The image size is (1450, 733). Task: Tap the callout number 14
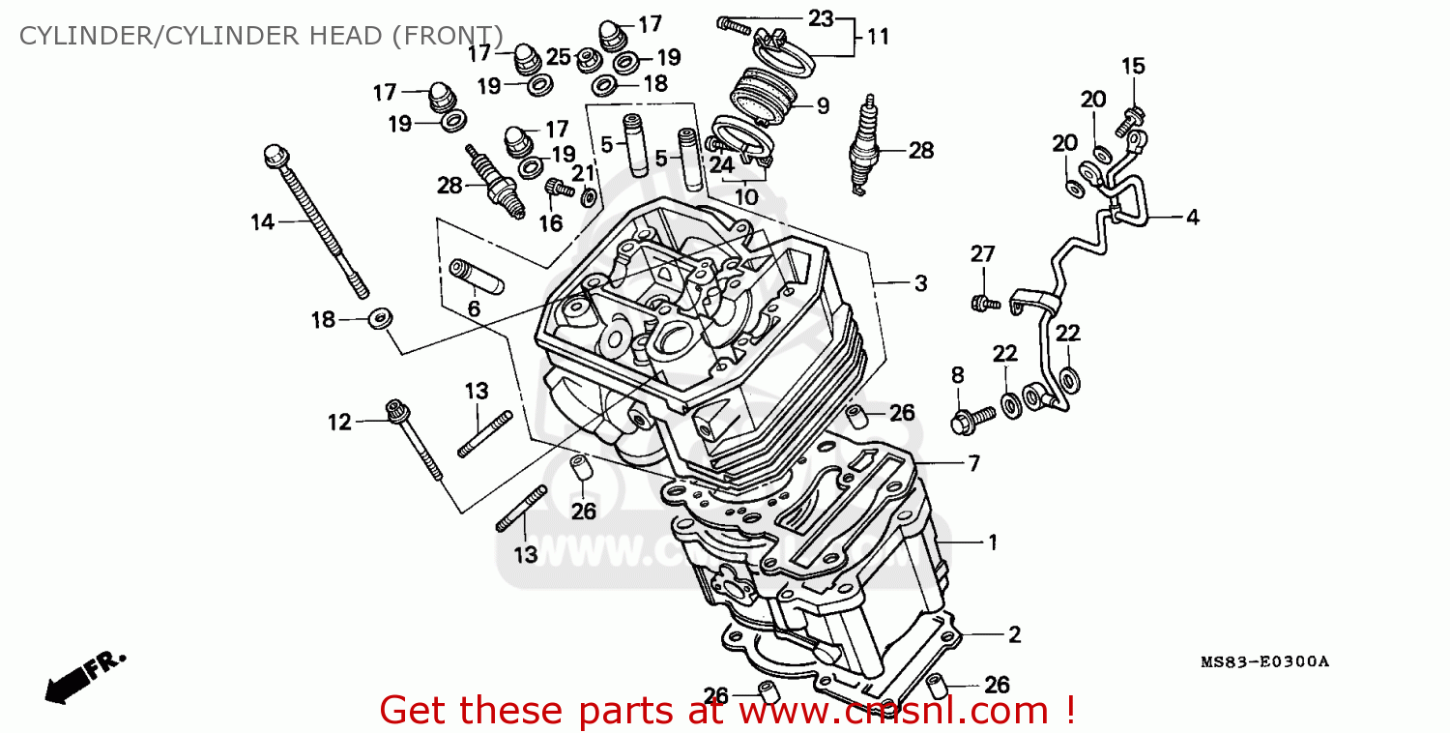coord(263,222)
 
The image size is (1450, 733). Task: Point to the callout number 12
coord(339,422)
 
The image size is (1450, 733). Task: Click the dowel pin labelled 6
coord(475,275)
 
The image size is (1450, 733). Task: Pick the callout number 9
coord(822,106)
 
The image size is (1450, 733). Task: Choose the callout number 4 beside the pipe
coord(1193,218)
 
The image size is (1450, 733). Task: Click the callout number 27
coord(982,254)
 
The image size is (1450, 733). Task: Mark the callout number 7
coord(973,463)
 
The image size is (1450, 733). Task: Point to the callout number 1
coord(991,542)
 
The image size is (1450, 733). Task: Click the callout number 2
coord(1014,634)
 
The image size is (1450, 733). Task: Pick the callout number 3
coord(920,283)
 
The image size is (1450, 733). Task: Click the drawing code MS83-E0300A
coord(1264,662)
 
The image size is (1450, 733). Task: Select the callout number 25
coord(559,57)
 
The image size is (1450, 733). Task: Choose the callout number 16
coord(550,223)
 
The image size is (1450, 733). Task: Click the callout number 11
coord(878,38)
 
